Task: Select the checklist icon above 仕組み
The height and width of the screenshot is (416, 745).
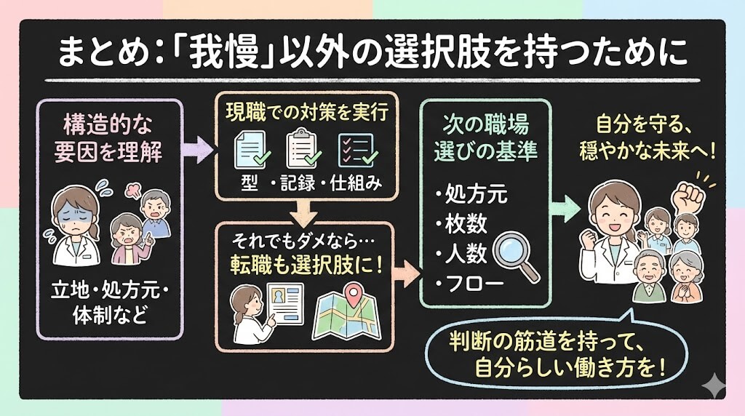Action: pyautogui.click(x=357, y=148)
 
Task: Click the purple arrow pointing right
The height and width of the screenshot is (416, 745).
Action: pyautogui.click(x=197, y=151)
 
